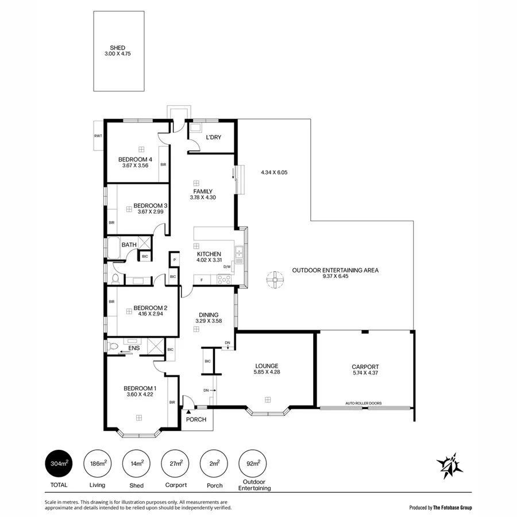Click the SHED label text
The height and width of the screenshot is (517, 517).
[118, 48]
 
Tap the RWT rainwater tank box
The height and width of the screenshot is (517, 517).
[98, 136]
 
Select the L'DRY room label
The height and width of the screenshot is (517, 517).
[206, 137]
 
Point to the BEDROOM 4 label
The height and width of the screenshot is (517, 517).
[135, 160]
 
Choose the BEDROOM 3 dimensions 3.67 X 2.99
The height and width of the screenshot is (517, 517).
[151, 212]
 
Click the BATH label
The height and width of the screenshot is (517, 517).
[129, 245]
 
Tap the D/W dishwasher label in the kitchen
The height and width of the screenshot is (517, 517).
[227, 267]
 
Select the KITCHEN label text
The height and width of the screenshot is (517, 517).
[209, 254]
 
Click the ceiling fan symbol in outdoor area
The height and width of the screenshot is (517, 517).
[275, 280]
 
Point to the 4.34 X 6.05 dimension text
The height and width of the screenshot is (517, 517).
[277, 172]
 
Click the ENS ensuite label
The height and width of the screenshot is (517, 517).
[133, 348]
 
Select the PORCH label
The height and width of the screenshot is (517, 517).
[196, 419]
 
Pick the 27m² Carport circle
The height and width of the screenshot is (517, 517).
[175, 463]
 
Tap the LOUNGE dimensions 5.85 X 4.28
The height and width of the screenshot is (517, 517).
[267, 372]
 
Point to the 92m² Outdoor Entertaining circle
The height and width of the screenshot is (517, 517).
[253, 463]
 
